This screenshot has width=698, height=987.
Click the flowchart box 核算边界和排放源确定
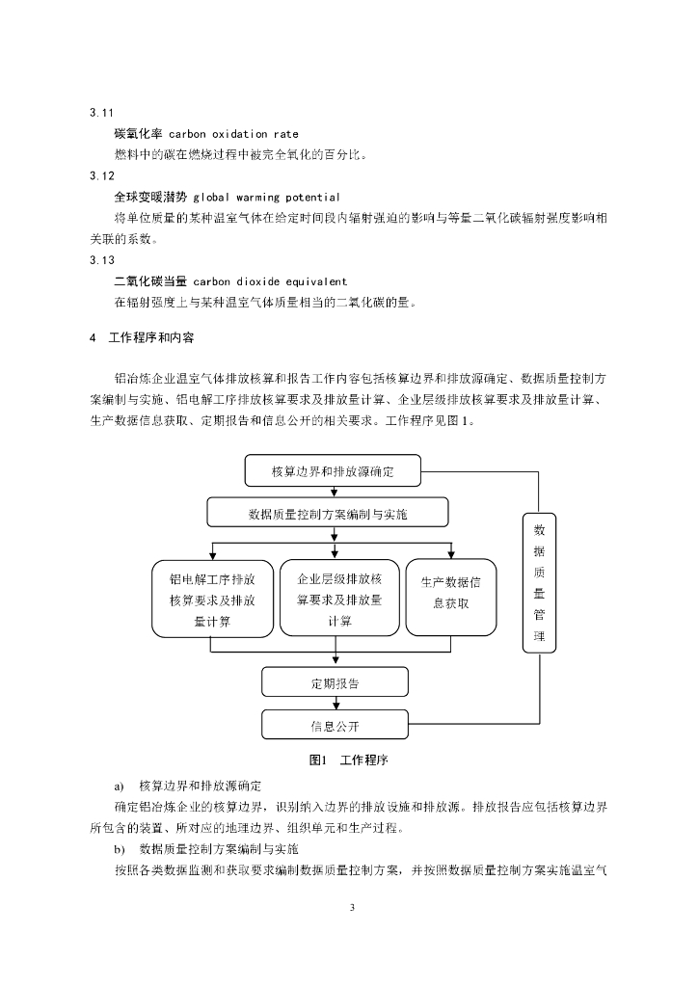(x=333, y=470)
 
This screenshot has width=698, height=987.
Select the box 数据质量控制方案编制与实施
(x=327, y=513)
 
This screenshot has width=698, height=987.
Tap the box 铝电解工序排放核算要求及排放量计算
(x=213, y=599)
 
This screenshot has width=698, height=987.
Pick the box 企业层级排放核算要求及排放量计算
(x=339, y=598)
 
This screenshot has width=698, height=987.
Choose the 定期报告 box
(x=335, y=682)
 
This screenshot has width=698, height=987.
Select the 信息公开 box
(x=335, y=725)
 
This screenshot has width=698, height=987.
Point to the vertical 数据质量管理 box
(x=539, y=582)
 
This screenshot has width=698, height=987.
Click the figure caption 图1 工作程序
(x=349, y=760)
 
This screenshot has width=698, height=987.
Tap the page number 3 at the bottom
(x=352, y=908)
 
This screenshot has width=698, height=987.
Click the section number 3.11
(x=101, y=113)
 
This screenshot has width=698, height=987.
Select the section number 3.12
(x=101, y=175)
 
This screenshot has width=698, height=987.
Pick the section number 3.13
(x=101, y=260)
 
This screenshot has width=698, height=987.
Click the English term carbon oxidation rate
(x=233, y=134)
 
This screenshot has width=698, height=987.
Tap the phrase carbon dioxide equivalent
(x=270, y=282)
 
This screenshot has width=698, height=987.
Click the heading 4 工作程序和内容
(x=142, y=338)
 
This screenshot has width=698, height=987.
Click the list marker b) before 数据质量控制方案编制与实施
(x=120, y=850)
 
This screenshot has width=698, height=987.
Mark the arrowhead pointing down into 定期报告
(x=336, y=659)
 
